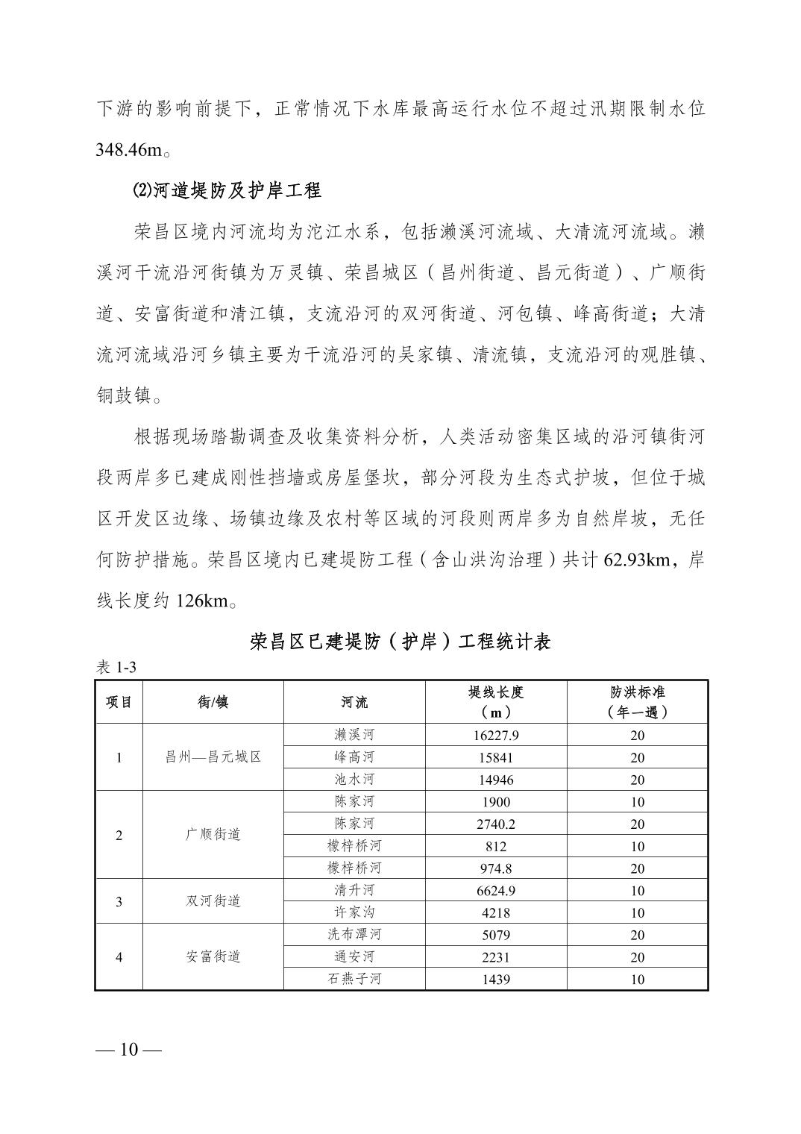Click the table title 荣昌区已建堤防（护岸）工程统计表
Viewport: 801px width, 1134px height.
pyautogui.click(x=400, y=641)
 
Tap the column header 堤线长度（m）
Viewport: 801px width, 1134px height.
pyautogui.click(x=495, y=702)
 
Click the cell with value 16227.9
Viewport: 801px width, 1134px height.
pyautogui.click(x=495, y=736)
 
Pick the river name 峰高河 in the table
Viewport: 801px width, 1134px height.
pyautogui.click(x=354, y=757)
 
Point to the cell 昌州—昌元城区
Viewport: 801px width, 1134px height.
pyautogui.click(x=213, y=757)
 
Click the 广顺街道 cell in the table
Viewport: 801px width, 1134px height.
pyautogui.click(x=213, y=835)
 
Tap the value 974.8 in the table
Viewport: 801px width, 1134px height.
pyautogui.click(x=495, y=868)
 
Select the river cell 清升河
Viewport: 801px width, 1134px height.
pyautogui.click(x=354, y=890)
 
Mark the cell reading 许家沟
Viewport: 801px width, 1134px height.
pyautogui.click(x=354, y=912)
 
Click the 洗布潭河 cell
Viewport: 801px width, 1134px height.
pyautogui.click(x=354, y=935)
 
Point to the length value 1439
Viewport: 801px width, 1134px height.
pyautogui.click(x=495, y=979)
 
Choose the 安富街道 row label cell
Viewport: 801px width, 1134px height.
pyautogui.click(x=213, y=956)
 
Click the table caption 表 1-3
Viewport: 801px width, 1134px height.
pyautogui.click(x=116, y=667)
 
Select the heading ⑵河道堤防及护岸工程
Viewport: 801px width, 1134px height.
pyautogui.click(x=227, y=190)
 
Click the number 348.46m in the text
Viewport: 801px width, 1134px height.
pyautogui.click(x=129, y=150)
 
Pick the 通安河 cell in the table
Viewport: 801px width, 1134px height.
pyautogui.click(x=354, y=956)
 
